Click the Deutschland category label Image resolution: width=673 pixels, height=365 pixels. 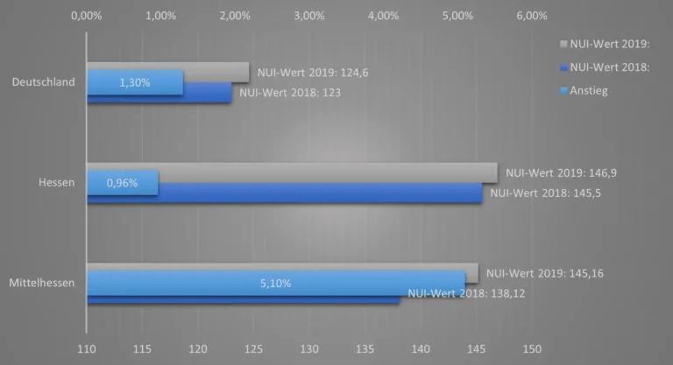coord(43,82)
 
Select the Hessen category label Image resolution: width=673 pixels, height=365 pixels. coord(56,183)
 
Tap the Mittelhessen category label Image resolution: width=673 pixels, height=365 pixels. coord(41,283)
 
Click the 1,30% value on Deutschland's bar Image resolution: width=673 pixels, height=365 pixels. coord(134,83)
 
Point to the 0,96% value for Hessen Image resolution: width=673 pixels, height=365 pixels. coord(122,183)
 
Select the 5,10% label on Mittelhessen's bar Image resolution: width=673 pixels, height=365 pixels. coord(275,283)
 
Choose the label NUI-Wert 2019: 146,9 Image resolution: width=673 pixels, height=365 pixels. coord(556,172)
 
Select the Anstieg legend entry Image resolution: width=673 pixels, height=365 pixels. coord(588,90)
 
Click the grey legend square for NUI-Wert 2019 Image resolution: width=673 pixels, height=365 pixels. coord(563,42)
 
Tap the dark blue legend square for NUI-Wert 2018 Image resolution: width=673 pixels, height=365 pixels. coord(563,67)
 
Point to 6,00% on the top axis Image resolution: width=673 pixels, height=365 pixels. coord(532,15)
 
